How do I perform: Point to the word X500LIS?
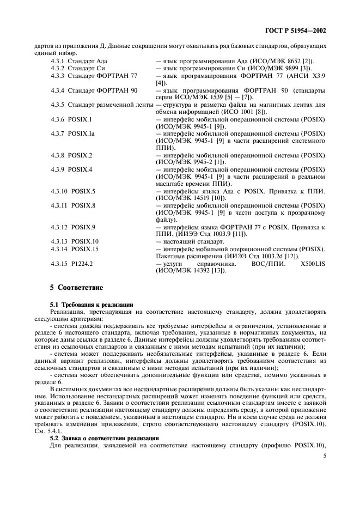[312, 263]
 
